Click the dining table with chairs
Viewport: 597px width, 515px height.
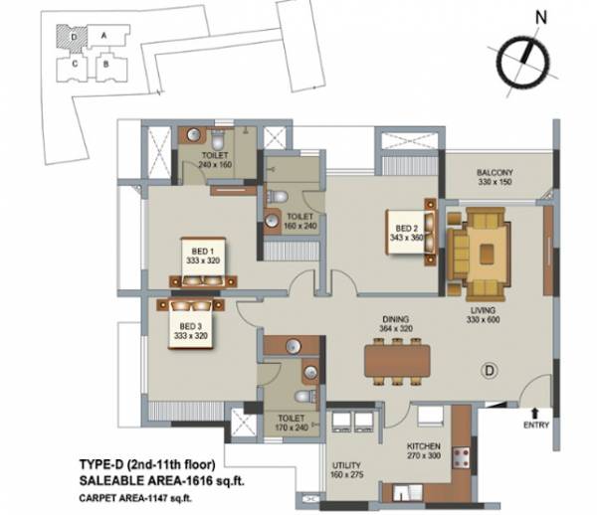coord(396,358)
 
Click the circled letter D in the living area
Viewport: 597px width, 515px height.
coord(489,371)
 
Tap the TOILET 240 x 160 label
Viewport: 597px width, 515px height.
coord(214,159)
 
